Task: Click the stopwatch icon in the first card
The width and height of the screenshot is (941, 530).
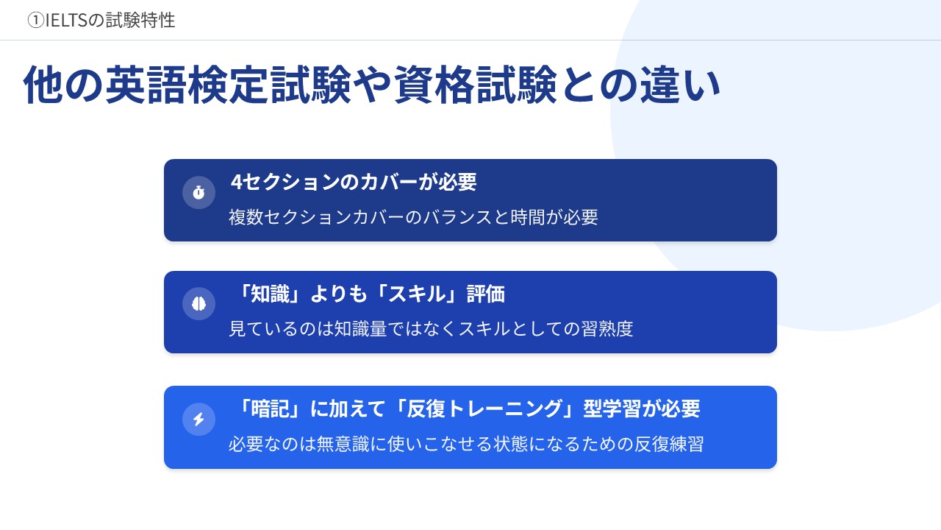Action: tap(198, 193)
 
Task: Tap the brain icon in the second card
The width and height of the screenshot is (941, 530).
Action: tap(198, 304)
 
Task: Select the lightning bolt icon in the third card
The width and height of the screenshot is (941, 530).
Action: tap(198, 419)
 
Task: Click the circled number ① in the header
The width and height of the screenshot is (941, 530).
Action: tap(36, 20)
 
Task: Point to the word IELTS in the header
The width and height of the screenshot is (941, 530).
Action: tap(66, 20)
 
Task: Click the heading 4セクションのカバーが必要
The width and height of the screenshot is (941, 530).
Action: tap(354, 182)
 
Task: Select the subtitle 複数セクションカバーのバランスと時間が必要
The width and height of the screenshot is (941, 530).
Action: tap(413, 217)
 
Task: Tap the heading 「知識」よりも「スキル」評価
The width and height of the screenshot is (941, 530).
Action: tap(370, 294)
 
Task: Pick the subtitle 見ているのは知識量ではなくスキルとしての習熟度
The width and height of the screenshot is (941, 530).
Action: tap(431, 328)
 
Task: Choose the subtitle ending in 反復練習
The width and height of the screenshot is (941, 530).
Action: tap(466, 444)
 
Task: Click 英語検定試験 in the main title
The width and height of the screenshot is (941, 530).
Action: tap(228, 85)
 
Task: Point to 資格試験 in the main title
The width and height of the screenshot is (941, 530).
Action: tap(475, 85)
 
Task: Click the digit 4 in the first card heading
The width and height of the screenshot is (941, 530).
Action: tap(237, 183)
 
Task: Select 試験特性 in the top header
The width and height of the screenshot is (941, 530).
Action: tap(140, 20)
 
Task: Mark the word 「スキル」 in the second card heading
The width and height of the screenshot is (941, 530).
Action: tap(418, 294)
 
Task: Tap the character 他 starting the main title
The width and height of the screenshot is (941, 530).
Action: tap(43, 85)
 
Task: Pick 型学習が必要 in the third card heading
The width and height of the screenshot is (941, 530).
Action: tap(642, 409)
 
